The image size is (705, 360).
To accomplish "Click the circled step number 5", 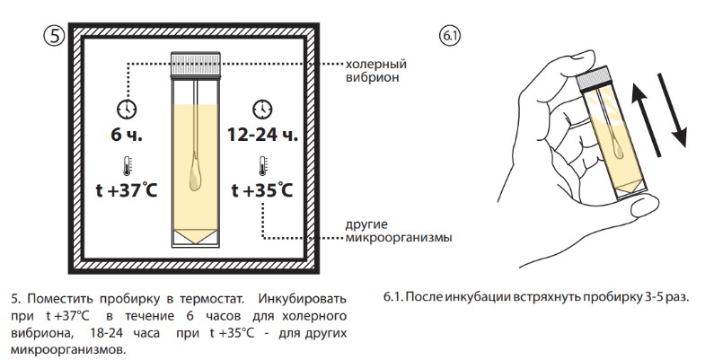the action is [x=55, y=36].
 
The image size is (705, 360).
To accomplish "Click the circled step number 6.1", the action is [x=450, y=37].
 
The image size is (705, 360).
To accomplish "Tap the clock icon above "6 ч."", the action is [x=127, y=109].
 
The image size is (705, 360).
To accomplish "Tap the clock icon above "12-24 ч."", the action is [x=262, y=109].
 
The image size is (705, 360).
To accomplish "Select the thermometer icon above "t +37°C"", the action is [x=127, y=166].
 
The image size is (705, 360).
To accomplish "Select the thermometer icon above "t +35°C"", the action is [x=262, y=166].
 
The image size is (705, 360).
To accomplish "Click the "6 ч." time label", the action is [x=127, y=135].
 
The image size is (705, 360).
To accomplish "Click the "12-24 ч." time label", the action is [x=262, y=135].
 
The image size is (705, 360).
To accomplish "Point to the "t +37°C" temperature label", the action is [x=127, y=190].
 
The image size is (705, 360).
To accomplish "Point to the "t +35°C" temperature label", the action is [x=262, y=190].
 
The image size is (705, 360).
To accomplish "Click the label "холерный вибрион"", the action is [x=376, y=70].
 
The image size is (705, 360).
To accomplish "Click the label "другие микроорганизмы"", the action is [x=399, y=231].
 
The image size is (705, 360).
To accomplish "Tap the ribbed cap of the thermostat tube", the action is [x=196, y=64].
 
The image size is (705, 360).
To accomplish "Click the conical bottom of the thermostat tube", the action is [x=195, y=237].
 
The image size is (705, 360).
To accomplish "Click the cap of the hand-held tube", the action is [x=594, y=78].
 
